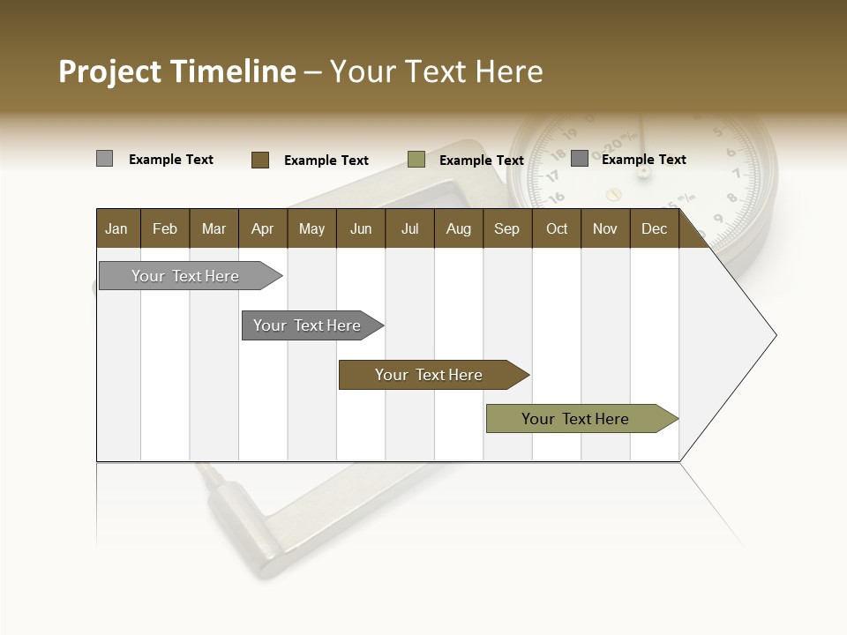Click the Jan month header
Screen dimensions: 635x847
coord(116,228)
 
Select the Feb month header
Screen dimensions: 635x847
coord(165,228)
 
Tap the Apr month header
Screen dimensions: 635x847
coord(262,228)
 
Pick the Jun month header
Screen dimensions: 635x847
coord(361,228)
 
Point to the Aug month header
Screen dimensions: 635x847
coord(458,228)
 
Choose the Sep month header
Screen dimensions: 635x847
coord(506,228)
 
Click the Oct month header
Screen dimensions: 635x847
coord(557,228)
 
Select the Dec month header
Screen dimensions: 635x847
coord(654,228)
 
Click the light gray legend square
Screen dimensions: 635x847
coord(104,159)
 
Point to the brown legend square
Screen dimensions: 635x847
coord(260,160)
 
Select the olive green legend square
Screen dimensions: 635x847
coord(416,160)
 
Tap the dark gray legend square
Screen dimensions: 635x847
coord(580,159)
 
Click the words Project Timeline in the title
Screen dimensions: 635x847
coord(176,71)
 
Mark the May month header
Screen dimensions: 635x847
coord(311,228)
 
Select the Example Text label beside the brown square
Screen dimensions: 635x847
coord(326,161)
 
